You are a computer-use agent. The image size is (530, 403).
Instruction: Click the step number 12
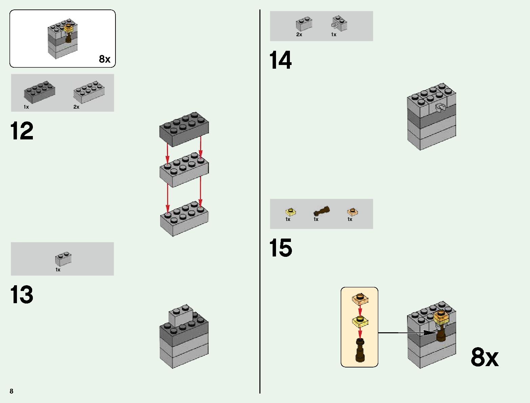(22, 131)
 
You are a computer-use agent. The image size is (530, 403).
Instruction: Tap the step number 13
(22, 294)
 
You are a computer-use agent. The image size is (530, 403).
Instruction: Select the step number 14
(280, 60)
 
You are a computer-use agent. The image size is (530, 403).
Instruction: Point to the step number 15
(280, 248)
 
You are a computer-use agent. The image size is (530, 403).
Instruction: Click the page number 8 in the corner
(12, 391)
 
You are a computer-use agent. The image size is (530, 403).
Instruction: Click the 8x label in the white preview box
(105, 59)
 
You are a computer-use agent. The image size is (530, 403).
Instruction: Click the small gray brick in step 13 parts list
(63, 259)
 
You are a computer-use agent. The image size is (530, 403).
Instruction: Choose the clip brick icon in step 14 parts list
(339, 23)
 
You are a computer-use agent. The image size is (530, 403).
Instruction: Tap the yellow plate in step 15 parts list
(291, 212)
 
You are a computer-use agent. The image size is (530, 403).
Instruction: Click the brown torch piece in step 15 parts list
(322, 211)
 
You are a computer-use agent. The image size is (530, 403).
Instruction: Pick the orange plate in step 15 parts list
(353, 212)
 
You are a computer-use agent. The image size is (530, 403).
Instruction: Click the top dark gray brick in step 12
(184, 129)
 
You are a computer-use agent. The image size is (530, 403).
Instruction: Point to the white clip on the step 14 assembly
(441, 108)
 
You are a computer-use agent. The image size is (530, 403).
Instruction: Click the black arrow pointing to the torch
(406, 333)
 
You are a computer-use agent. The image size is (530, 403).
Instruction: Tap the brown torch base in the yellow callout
(360, 352)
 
